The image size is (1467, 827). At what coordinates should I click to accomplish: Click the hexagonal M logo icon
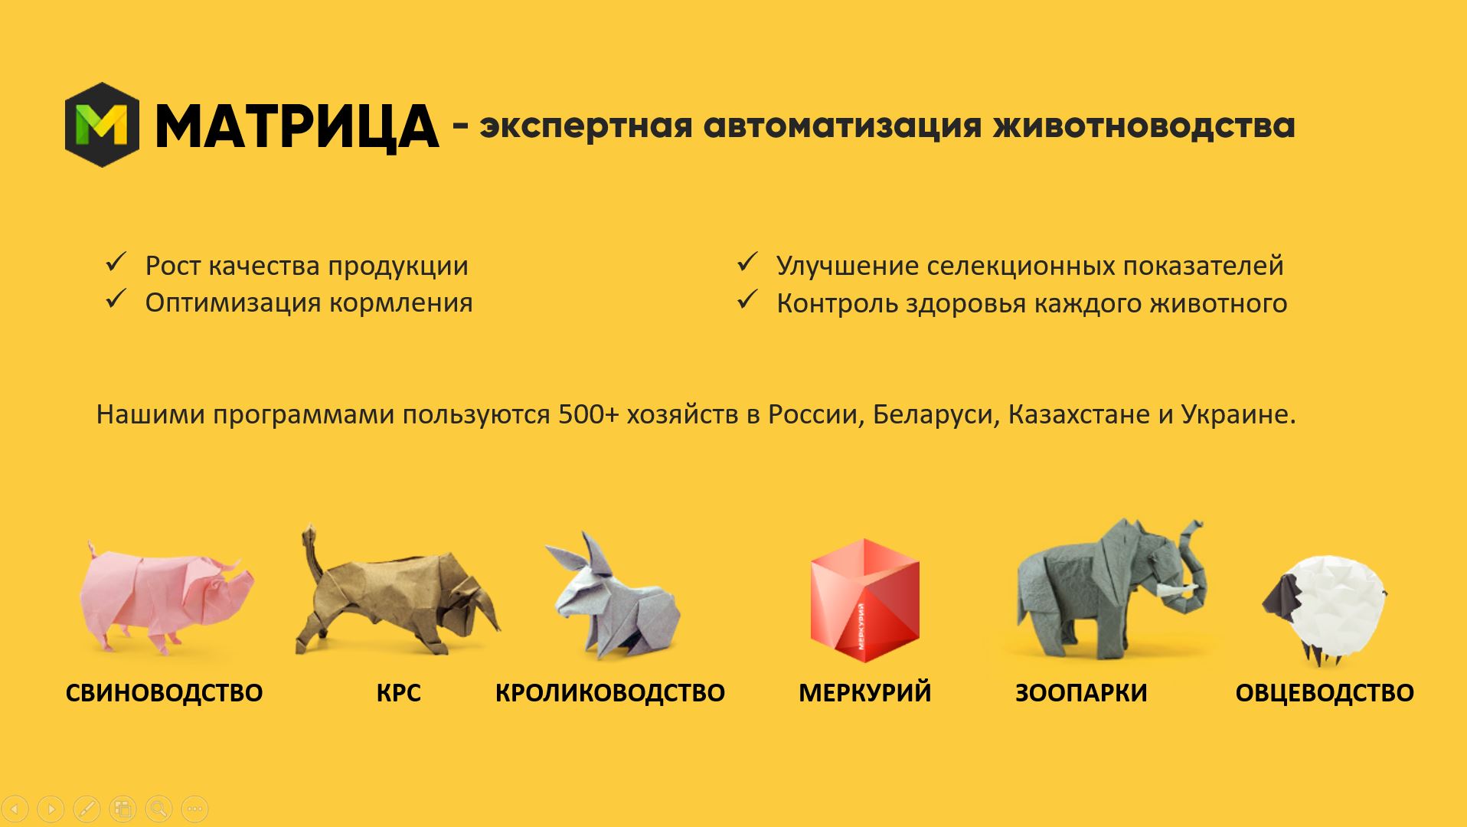click(x=102, y=125)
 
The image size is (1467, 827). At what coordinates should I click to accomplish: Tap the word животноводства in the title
click(x=1144, y=125)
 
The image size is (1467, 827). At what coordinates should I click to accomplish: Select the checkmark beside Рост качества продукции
click(x=116, y=263)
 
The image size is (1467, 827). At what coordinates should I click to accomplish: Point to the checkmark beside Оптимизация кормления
click(x=116, y=299)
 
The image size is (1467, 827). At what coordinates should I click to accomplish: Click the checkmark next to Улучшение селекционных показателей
click(x=747, y=263)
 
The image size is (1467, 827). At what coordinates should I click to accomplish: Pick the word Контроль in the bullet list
click(x=837, y=303)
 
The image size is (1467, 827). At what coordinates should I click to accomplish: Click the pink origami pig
click(x=167, y=597)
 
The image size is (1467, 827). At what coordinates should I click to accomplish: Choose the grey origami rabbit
click(x=613, y=597)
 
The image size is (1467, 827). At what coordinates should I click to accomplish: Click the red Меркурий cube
click(x=864, y=600)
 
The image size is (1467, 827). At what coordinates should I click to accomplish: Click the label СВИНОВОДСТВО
click(x=164, y=693)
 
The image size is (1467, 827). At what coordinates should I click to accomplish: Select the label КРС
click(x=398, y=693)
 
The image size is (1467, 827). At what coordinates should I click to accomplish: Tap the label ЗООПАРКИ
click(x=1081, y=693)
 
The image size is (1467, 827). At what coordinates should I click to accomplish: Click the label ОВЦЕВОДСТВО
click(x=1325, y=693)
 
